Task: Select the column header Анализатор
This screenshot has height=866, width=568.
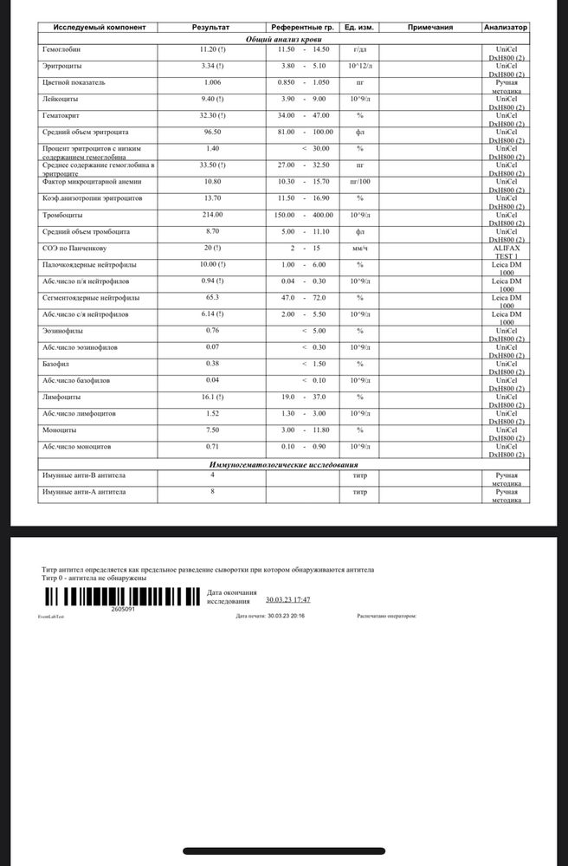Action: [x=506, y=28]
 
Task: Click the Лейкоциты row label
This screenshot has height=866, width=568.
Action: [x=60, y=100]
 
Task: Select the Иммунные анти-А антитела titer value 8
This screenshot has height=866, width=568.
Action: [x=212, y=492]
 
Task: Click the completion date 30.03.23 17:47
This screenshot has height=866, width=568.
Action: [x=287, y=599]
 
